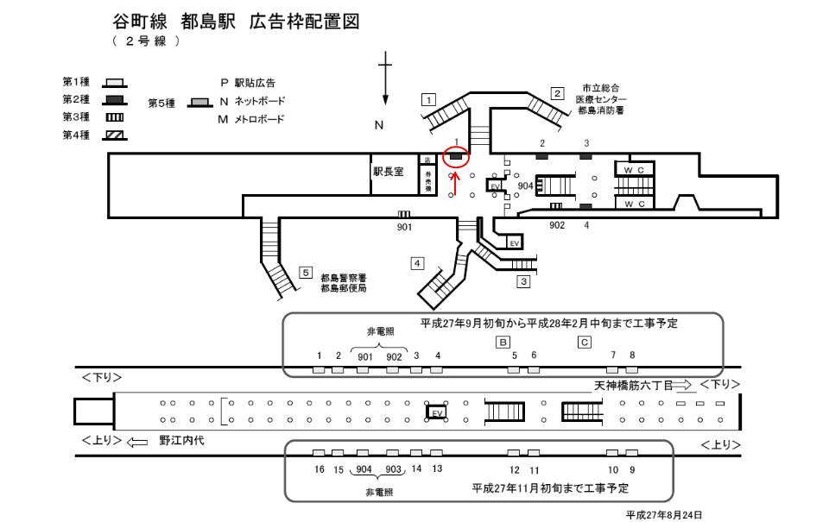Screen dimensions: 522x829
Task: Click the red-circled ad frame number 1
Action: pyautogui.click(x=456, y=157)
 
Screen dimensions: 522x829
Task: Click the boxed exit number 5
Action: pyautogui.click(x=305, y=273)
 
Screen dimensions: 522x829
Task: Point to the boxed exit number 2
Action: pyautogui.click(x=558, y=93)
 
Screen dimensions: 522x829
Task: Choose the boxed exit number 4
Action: pyautogui.click(x=418, y=262)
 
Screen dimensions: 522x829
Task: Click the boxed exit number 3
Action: pyautogui.click(x=523, y=280)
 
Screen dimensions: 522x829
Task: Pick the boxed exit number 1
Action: pyautogui.click(x=427, y=98)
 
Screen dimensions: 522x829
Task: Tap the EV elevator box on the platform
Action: pyautogui.click(x=437, y=412)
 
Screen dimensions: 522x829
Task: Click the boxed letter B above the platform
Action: pyautogui.click(x=502, y=342)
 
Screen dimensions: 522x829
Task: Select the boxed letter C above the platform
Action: pyautogui.click(x=585, y=342)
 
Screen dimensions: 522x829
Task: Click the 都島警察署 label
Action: pyautogui.click(x=344, y=278)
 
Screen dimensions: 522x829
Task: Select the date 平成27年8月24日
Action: pyautogui.click(x=665, y=514)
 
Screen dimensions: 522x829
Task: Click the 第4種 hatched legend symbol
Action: pyautogui.click(x=115, y=135)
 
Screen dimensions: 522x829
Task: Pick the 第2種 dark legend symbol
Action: pyautogui.click(x=115, y=100)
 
